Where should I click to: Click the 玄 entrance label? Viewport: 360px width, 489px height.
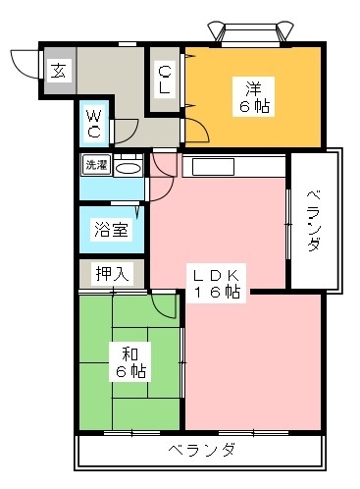tap(60, 70)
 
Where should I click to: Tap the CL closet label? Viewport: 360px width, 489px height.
tap(164, 80)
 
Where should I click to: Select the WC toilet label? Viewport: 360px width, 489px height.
tap(96, 123)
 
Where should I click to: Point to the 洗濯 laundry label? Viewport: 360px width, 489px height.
tap(95, 165)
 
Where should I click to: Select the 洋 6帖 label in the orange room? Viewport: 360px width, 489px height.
tap(252, 95)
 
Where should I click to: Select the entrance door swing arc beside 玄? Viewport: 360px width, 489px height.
tap(25, 61)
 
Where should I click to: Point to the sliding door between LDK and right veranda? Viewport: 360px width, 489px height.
tap(287, 225)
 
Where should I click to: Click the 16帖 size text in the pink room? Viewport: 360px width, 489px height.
tap(217, 292)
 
